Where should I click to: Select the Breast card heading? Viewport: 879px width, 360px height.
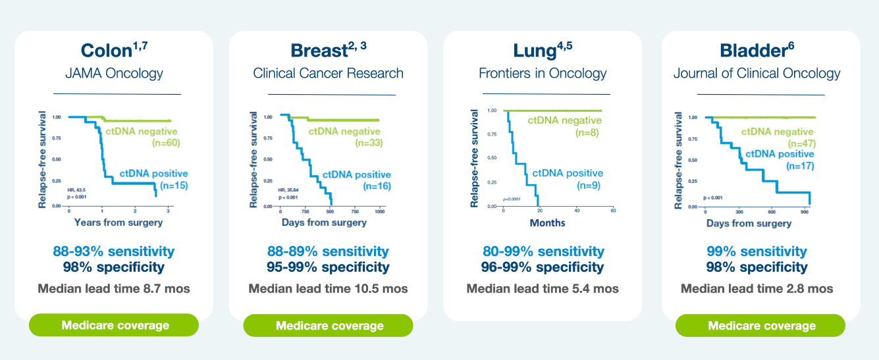(328, 51)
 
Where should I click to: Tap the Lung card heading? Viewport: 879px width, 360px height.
(542, 51)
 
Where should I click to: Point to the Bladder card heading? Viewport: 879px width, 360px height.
(757, 51)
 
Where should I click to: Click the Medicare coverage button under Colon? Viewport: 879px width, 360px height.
(115, 325)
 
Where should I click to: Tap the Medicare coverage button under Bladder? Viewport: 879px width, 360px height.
(761, 326)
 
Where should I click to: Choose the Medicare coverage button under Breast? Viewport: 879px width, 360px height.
(329, 326)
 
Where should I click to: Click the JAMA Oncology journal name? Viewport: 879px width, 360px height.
(114, 73)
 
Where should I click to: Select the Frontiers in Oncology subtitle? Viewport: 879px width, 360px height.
(543, 73)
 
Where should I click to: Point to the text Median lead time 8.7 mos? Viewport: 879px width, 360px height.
(114, 288)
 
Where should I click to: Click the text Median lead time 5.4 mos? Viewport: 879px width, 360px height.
(543, 288)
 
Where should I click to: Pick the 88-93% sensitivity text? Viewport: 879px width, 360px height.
(114, 251)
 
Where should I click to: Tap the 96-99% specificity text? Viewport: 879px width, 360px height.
(543, 267)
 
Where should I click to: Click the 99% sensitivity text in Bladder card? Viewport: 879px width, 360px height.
(757, 251)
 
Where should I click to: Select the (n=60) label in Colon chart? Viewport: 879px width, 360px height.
(166, 142)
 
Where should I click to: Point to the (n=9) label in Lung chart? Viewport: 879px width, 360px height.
(589, 186)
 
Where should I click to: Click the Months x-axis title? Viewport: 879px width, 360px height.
(547, 222)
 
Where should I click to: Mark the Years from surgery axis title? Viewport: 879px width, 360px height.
(119, 222)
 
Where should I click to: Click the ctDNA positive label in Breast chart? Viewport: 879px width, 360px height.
(356, 175)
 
